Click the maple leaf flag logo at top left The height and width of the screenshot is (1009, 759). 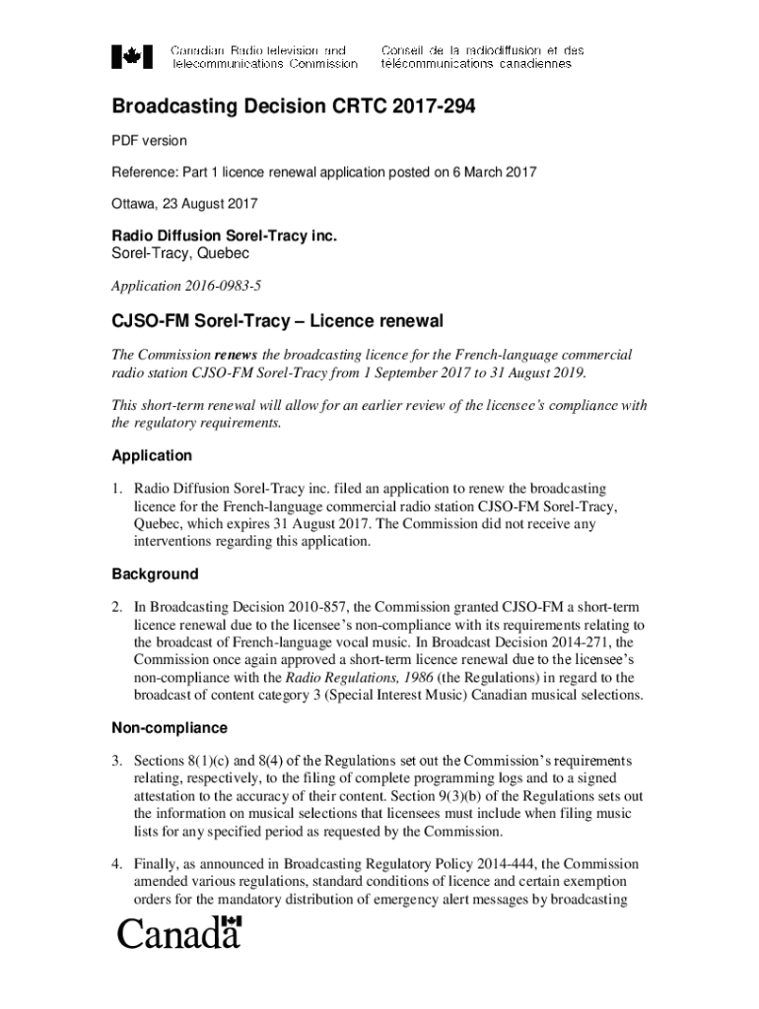pos(132,56)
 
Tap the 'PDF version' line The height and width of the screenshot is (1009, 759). pos(149,141)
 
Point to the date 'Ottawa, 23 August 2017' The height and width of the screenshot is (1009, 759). pos(183,204)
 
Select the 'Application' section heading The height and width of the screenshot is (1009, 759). pos(151,456)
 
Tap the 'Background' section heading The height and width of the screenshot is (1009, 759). pos(154,573)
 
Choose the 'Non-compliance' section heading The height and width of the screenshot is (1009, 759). pos(169,728)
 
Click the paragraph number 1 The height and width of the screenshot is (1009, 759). pos(116,489)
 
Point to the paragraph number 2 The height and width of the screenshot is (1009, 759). pos(116,607)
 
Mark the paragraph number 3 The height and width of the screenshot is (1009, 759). pos(116,761)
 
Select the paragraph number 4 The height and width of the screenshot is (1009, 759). pos(116,863)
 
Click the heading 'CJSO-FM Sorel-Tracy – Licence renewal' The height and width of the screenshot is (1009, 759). pos(277,322)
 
